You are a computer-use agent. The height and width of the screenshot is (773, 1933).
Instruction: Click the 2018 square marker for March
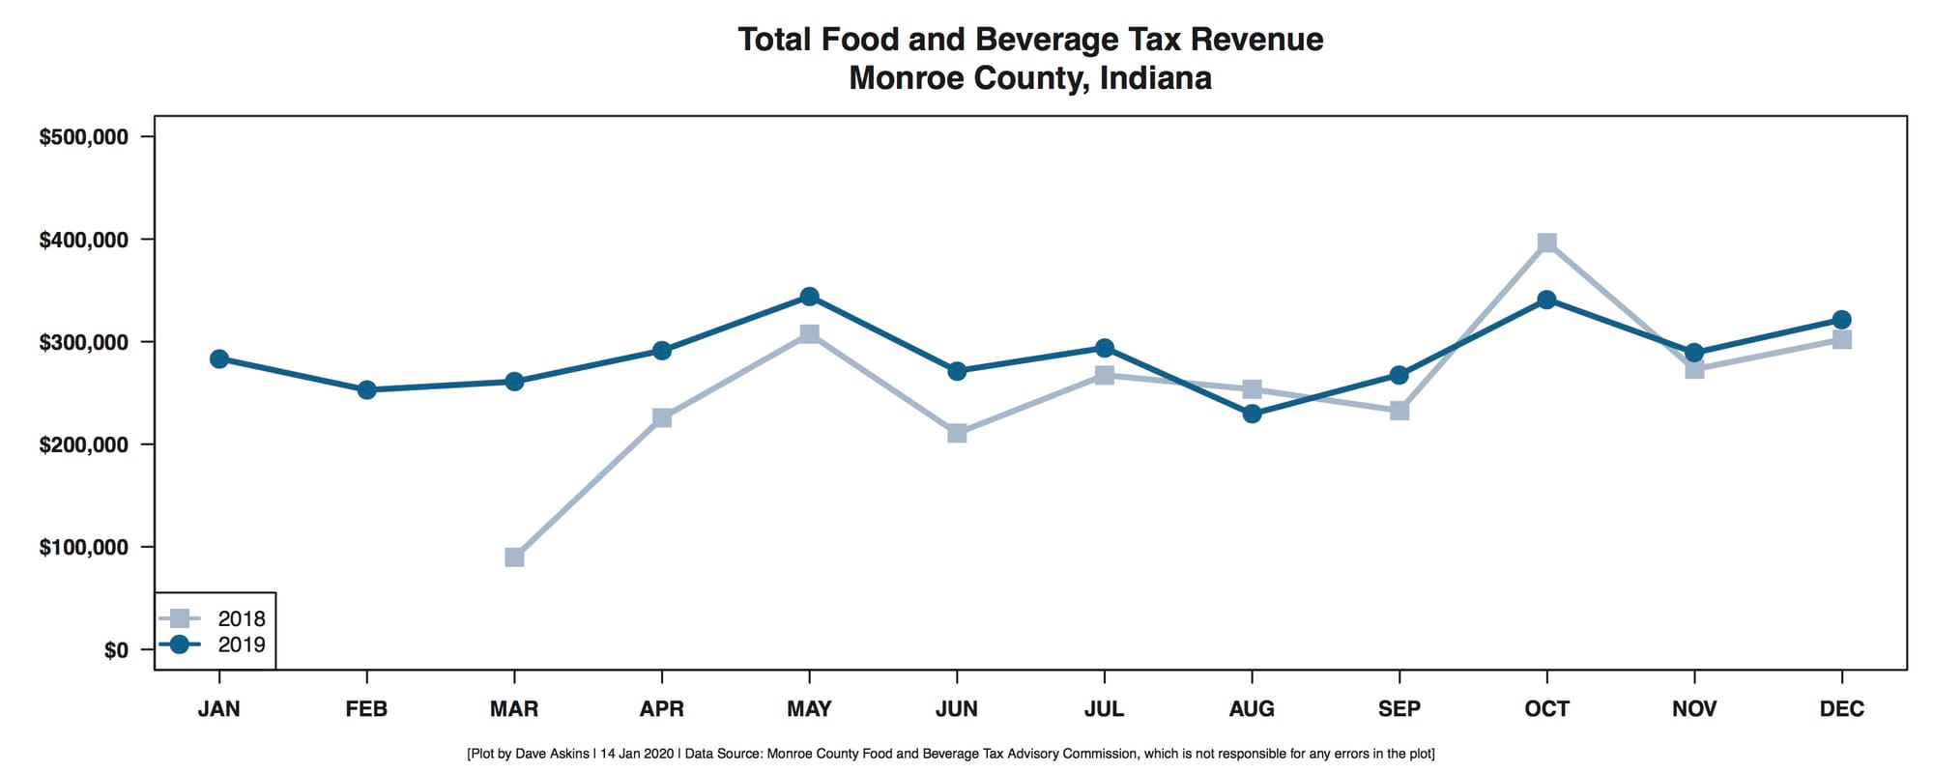[x=514, y=558]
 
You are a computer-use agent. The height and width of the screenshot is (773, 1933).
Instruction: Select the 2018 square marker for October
[x=1546, y=243]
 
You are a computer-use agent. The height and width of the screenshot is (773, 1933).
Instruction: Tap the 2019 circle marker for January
[x=219, y=359]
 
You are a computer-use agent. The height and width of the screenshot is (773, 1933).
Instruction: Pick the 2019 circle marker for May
[x=809, y=297]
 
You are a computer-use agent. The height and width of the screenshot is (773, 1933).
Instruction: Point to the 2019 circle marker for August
[x=1252, y=414]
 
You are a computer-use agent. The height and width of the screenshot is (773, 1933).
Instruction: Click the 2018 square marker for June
[x=957, y=433]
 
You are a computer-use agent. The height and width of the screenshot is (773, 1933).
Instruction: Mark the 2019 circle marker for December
[x=1841, y=320]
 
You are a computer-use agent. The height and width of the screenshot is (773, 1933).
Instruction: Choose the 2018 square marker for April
[x=662, y=417]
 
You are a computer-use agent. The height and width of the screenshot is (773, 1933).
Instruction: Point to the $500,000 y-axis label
[x=83, y=137]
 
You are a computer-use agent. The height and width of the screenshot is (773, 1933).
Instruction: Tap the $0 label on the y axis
[x=116, y=650]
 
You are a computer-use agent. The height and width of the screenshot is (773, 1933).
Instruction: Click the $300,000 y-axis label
[x=83, y=342]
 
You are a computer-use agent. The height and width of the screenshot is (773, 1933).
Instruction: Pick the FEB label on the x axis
[x=366, y=709]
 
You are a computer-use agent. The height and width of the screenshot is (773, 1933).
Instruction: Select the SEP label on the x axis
[x=1399, y=709]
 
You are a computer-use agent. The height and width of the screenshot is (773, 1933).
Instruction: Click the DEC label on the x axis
[x=1841, y=709]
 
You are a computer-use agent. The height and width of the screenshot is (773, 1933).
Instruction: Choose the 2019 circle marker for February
[x=366, y=390]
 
